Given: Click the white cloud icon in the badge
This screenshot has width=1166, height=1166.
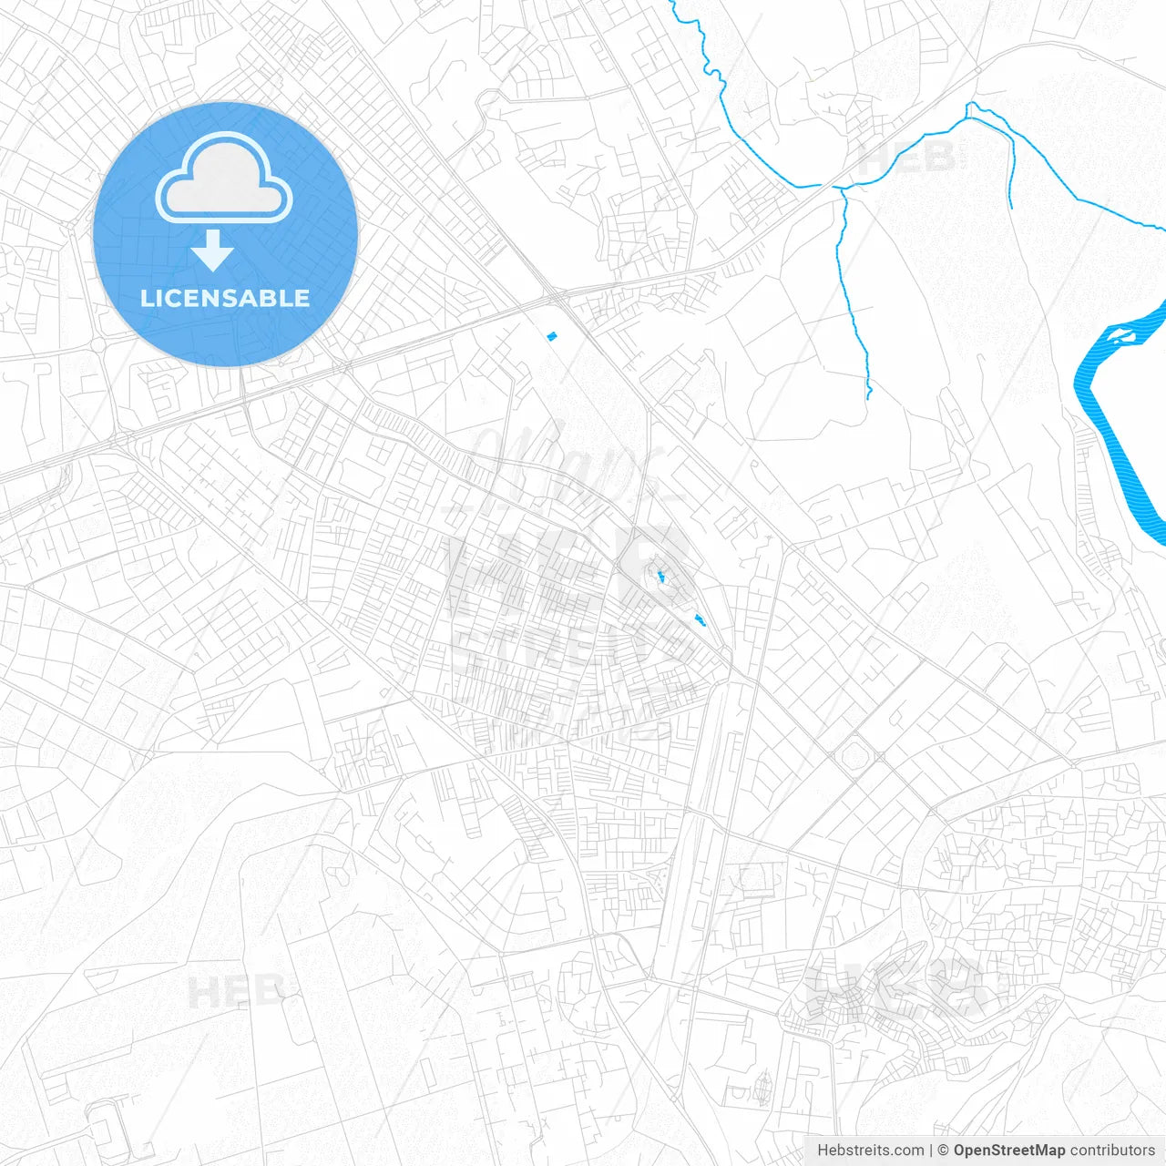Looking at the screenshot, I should (x=224, y=177).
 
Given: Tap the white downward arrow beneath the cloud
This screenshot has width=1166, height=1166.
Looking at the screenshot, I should (x=213, y=251).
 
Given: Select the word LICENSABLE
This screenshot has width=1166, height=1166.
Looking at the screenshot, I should (x=225, y=298).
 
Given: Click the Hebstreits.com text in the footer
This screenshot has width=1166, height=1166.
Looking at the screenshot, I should (x=870, y=1151).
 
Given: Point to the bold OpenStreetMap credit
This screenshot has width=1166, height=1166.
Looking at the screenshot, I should (x=1008, y=1151).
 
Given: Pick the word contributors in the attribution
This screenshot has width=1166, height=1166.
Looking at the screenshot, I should (x=1112, y=1151).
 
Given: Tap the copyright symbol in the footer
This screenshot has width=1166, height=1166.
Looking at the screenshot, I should (x=944, y=1151).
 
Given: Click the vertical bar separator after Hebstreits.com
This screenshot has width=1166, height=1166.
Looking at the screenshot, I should (x=931, y=1151).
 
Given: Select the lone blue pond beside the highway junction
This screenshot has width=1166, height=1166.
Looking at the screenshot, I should (x=550, y=337).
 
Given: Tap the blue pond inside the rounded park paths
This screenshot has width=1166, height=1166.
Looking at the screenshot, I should (x=660, y=577).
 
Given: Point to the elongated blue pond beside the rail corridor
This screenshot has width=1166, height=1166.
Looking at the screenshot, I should (x=700, y=620).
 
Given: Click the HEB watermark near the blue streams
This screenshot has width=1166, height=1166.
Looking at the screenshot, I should (x=906, y=158).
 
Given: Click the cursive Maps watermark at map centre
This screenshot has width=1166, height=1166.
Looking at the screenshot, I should (x=565, y=465).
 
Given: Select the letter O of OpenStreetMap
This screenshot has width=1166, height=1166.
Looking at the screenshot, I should (x=960, y=1151).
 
